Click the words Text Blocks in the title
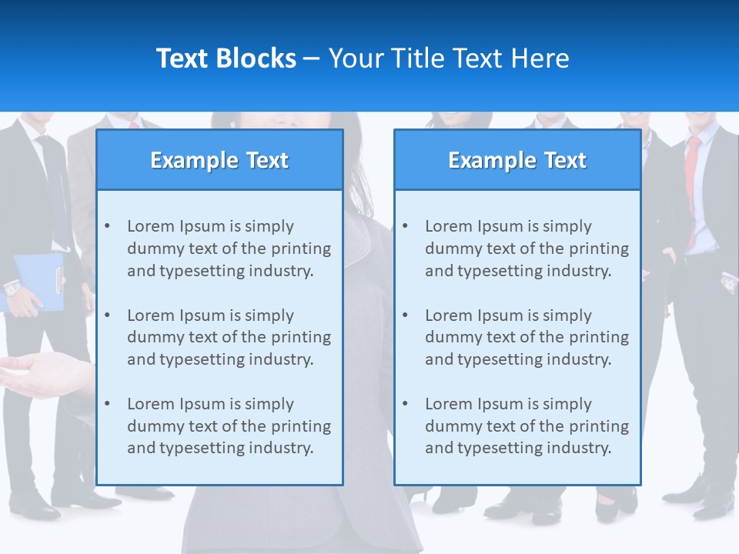coord(226,58)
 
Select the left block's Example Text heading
coord(219,160)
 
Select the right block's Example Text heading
coord(517,160)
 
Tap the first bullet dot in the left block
coord(108,226)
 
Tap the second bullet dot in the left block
coord(108,315)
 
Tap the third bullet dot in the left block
coord(108,404)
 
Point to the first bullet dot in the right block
coord(406,226)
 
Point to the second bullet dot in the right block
coord(406,315)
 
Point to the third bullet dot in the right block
coord(406,404)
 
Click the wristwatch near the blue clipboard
coord(12,289)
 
